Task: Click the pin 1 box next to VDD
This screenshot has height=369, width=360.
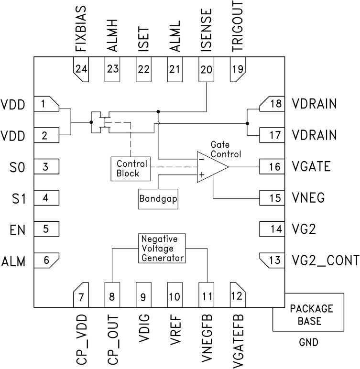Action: [x=46, y=104]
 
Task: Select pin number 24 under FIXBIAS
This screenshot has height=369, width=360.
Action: [x=81, y=69]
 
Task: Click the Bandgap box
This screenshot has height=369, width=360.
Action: [x=154, y=198]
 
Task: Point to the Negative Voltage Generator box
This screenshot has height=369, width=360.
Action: [x=162, y=248]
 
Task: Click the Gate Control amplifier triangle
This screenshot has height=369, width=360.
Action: [x=211, y=167]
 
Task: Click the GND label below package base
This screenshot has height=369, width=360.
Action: [x=308, y=343]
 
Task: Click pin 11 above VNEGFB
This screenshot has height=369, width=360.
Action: [x=206, y=296]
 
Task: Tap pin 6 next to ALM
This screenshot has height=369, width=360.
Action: [x=46, y=261]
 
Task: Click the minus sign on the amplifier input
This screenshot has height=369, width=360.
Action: [x=201, y=159]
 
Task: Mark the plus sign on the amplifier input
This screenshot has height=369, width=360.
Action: [x=201, y=175]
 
